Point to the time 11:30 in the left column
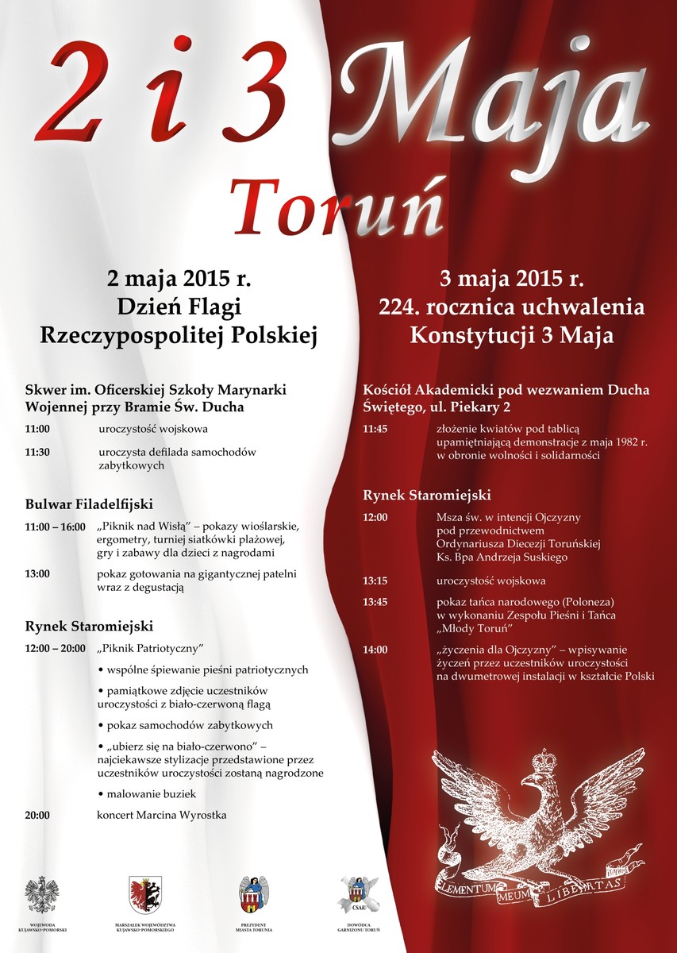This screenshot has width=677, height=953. tap(37, 452)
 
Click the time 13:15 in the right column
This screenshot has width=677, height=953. tap(375, 581)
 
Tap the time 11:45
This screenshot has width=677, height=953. tap(375, 429)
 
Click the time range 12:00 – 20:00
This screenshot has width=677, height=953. tap(56, 648)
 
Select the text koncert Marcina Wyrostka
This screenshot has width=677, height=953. tap(162, 815)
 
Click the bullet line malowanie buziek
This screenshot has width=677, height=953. tap(145, 793)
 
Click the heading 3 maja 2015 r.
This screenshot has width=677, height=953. tap(512, 280)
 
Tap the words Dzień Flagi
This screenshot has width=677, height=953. tap(179, 307)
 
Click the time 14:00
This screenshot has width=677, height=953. tap(375, 650)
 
